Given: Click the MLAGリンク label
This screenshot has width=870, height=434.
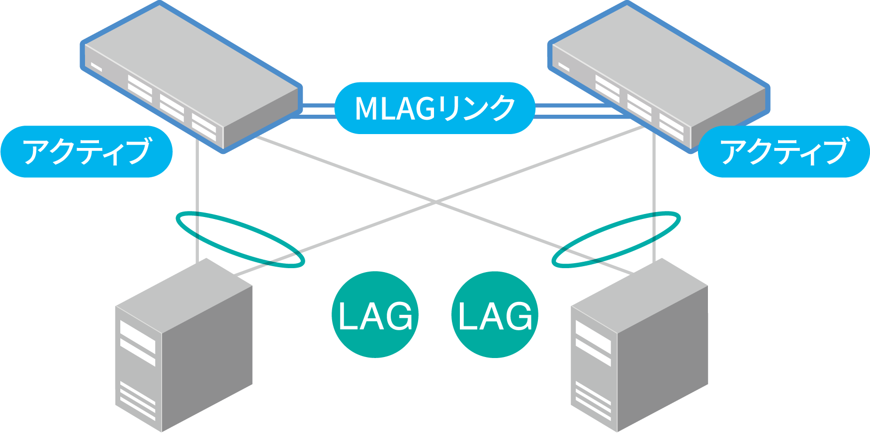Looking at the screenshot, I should pyautogui.click(x=435, y=108).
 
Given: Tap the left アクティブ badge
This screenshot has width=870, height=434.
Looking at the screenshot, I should pyautogui.click(x=87, y=151).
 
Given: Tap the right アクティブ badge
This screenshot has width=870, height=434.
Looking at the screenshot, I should pyautogui.click(x=783, y=151).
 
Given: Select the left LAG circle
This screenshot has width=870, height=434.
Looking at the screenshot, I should pyautogui.click(x=375, y=314).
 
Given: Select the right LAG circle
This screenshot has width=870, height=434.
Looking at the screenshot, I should pyautogui.click(x=495, y=314).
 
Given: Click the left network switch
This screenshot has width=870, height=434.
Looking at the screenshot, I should pyautogui.click(x=191, y=74).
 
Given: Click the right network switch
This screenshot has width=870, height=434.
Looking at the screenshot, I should pyautogui.click(x=659, y=74).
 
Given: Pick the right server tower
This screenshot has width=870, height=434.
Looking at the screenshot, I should pyautogui.click(x=639, y=348).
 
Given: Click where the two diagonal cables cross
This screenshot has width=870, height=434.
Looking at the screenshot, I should pyautogui.click(x=435, y=202).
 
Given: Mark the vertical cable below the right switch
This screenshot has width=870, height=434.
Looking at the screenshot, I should pyautogui.click(x=654, y=199).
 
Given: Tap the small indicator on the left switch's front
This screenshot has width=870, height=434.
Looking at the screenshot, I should pyautogui.click(x=96, y=67).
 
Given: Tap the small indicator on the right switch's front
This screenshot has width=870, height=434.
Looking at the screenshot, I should pyautogui.click(x=563, y=66).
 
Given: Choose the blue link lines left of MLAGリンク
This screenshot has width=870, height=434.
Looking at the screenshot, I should pyautogui.click(x=318, y=111).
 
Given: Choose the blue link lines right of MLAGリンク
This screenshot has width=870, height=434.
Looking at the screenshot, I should pyautogui.click(x=572, y=111).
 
